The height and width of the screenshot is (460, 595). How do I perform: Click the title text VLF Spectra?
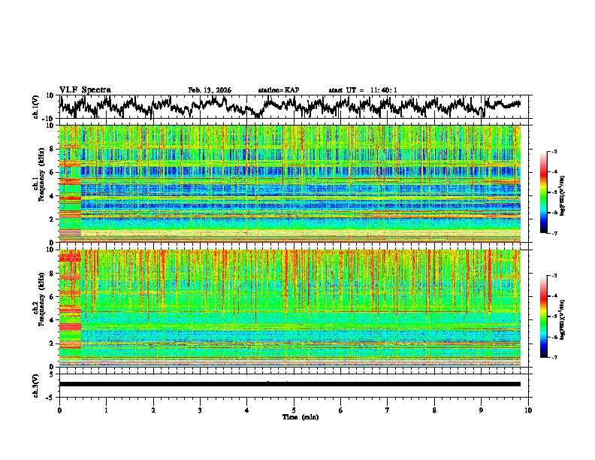pyautogui.click(x=85, y=89)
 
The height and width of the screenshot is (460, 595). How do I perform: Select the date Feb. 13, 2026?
pyautogui.click(x=210, y=90)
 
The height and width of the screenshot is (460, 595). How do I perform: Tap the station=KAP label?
pyautogui.click(x=279, y=90)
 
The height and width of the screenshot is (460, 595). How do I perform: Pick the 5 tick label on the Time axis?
pyautogui.click(x=294, y=410)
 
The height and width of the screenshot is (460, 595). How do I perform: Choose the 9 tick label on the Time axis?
pyautogui.click(x=482, y=410)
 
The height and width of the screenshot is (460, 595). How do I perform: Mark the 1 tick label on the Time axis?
pyautogui.click(x=107, y=410)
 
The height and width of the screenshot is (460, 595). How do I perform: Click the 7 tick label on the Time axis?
pyautogui.click(x=388, y=410)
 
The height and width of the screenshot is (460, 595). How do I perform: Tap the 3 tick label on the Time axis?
pyautogui.click(x=200, y=410)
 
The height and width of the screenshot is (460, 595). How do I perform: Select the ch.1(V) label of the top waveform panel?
pyautogui.click(x=36, y=107)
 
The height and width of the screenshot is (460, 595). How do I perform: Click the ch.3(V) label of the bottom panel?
pyautogui.click(x=36, y=384)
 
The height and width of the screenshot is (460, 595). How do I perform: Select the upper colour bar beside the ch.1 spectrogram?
pyautogui.click(x=543, y=192)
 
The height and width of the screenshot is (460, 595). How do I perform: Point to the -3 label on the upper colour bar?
pyautogui.click(x=553, y=152)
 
